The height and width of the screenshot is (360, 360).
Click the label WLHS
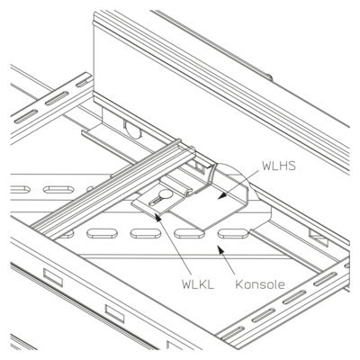279,166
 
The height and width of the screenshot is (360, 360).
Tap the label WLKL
198,284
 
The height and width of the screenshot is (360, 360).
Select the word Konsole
260,284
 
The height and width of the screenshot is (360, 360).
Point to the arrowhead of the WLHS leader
221,195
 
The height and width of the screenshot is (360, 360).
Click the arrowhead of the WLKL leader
157,217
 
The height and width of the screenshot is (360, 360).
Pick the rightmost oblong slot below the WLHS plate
233,234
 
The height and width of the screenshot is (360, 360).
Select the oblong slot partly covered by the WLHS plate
187,233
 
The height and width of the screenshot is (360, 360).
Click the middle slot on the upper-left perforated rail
57,99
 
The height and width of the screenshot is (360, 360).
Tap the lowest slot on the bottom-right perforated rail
233,334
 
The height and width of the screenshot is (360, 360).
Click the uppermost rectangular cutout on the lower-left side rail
53,277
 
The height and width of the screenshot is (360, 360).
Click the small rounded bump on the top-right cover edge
269,77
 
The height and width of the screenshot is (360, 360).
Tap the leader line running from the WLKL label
174,245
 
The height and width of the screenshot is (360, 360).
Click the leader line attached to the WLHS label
238,183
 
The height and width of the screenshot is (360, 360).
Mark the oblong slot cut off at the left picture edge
21,190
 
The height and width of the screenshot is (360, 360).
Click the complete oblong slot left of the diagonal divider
58,190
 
